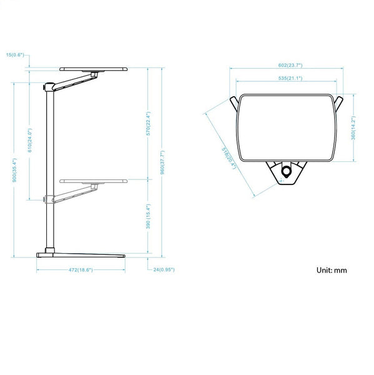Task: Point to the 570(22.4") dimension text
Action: click(x=148, y=124)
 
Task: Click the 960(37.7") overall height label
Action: click(x=162, y=163)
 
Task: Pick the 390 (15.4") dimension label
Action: click(x=148, y=217)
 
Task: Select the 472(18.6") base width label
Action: click(x=80, y=270)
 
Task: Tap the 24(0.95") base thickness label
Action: click(x=163, y=270)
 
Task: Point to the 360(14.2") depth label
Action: click(x=353, y=127)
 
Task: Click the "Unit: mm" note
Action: click(x=332, y=271)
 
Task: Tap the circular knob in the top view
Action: click(x=287, y=171)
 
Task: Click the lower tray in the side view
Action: click(x=94, y=181)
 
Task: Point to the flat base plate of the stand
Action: click(x=81, y=254)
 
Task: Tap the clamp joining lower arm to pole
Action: click(x=47, y=199)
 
